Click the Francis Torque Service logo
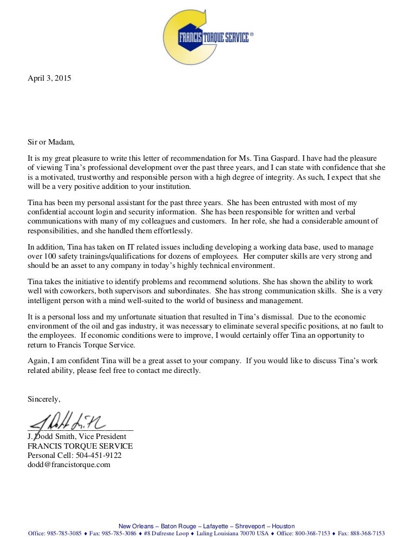(208, 36)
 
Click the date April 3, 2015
(49, 78)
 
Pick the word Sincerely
(44, 399)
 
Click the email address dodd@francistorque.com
(69, 464)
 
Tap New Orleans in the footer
(135, 526)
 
